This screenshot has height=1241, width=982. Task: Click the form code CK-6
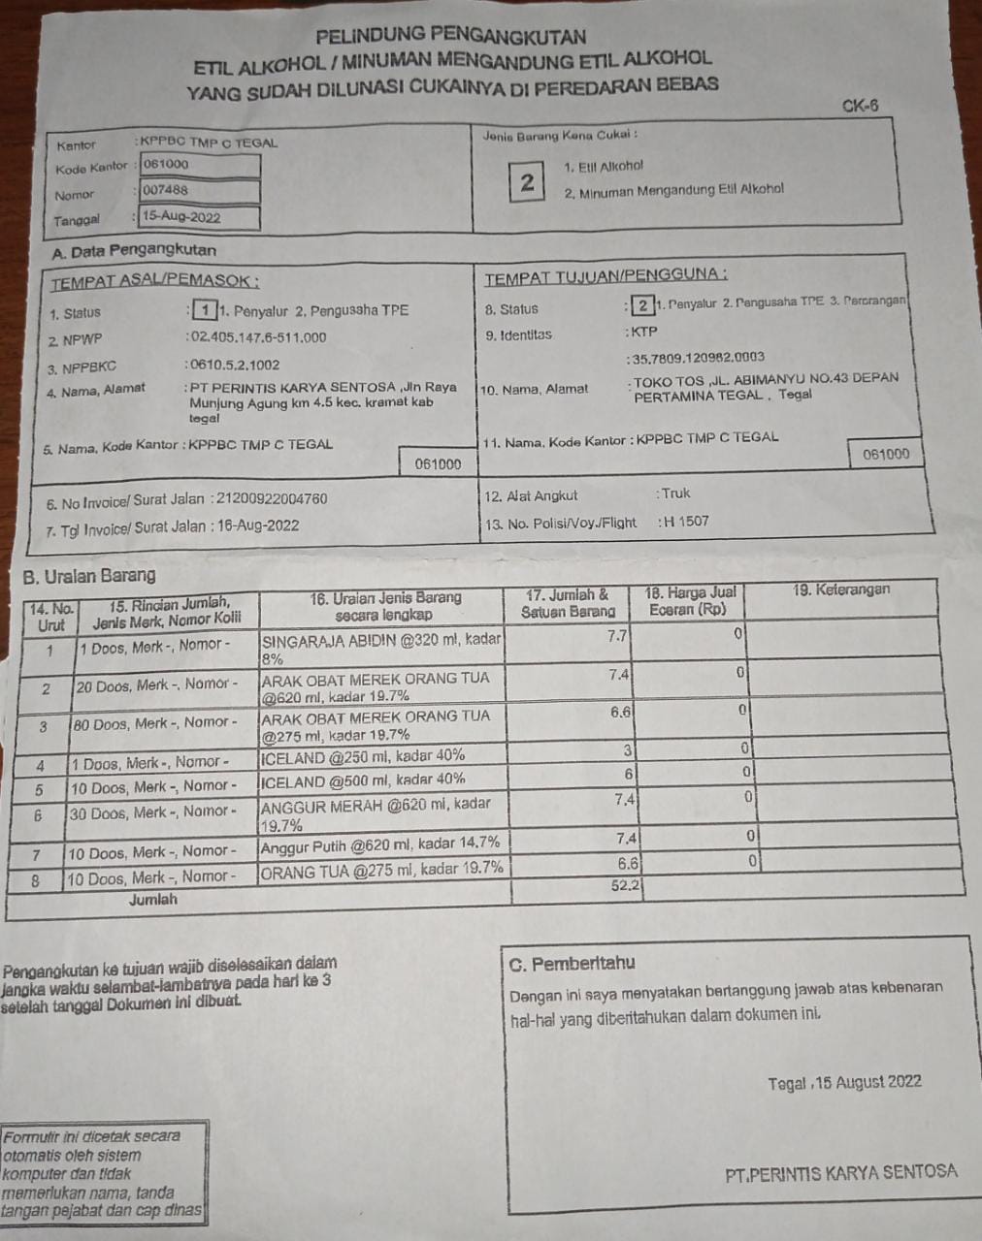click(860, 106)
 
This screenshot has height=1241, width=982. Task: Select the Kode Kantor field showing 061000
click(199, 165)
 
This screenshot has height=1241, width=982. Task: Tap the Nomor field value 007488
click(199, 191)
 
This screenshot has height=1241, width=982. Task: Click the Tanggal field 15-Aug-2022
click(199, 217)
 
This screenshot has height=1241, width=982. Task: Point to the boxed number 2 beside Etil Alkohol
click(527, 182)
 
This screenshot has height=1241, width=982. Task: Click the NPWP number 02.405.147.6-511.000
click(257, 337)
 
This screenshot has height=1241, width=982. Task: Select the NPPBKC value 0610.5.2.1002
click(234, 365)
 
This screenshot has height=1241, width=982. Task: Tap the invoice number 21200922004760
click(272, 498)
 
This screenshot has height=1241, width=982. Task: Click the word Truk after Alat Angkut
click(676, 493)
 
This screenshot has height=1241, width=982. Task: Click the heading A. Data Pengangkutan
click(134, 250)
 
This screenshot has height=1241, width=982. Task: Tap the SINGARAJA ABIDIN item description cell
click(381, 648)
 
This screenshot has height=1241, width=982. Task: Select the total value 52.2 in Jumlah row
click(625, 885)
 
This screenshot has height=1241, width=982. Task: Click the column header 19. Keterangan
click(840, 589)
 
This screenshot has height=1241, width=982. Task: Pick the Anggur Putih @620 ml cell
click(381, 843)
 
